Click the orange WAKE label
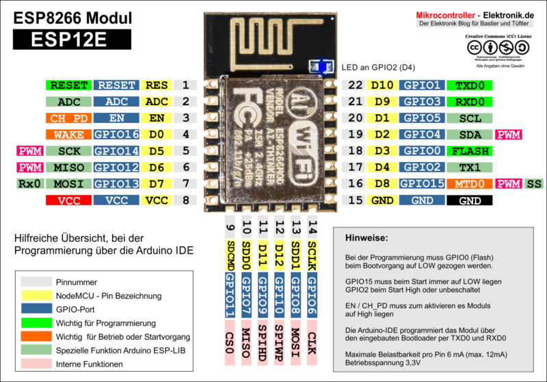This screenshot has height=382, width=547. point(69,135)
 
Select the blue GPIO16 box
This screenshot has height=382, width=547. point(116,135)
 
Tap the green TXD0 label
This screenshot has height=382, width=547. point(469,85)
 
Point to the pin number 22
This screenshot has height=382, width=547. point(355,85)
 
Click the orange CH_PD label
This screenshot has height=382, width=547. point(69,118)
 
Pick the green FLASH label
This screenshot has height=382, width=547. point(469,151)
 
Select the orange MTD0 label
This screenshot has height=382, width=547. point(469,184)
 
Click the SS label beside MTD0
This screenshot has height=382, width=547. point(533,184)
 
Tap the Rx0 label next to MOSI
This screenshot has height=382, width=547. point(29,184)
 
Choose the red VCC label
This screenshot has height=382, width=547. point(69,200)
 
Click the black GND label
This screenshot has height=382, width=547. point(469,200)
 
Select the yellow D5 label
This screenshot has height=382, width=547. point(157,151)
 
